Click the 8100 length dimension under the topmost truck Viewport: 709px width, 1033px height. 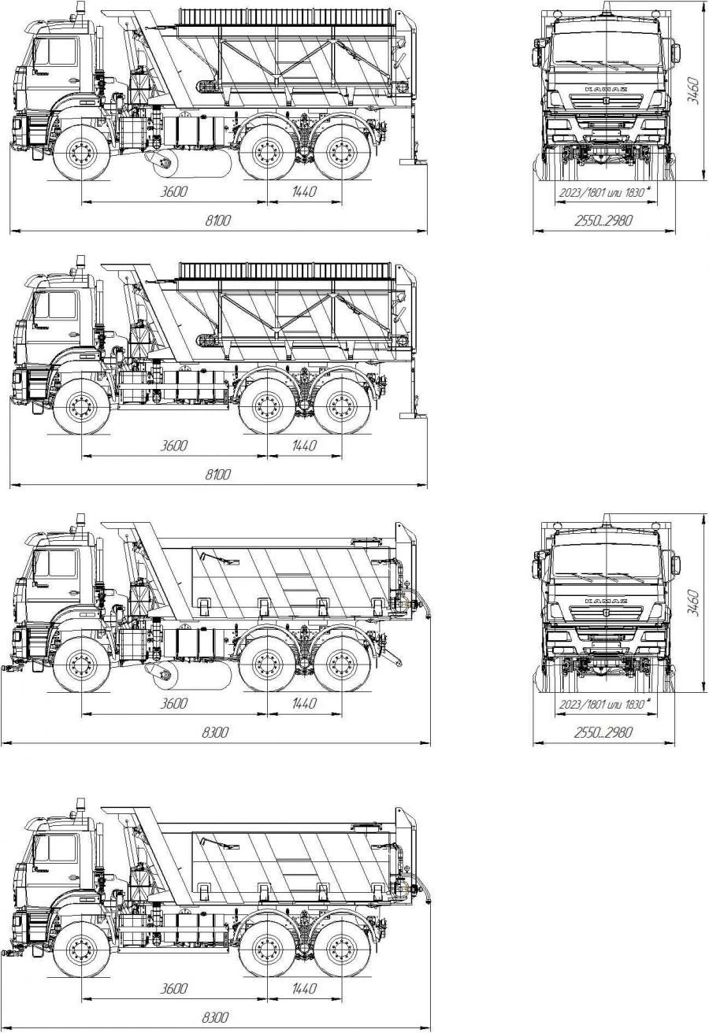pos(217,220)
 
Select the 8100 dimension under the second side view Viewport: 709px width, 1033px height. pos(217,474)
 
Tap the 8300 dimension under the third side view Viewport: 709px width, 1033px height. pos(215,732)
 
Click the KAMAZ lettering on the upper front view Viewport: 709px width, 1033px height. pos(606,89)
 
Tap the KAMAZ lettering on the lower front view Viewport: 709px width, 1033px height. pos(606,601)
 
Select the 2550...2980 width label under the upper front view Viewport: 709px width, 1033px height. pos(603,220)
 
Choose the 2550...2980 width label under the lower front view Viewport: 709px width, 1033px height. pos(603,732)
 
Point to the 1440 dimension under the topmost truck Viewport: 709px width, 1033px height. pos(304,191)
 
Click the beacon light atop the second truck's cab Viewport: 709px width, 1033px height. pos(81,261)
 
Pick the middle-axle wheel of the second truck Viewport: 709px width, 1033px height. pos(267,408)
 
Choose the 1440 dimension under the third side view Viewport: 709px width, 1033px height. pos(304,703)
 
